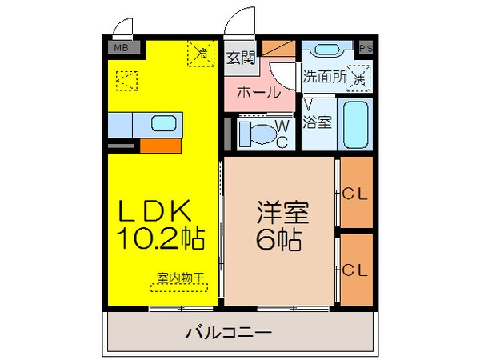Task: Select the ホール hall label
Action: tap(258, 92)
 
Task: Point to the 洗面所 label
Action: tap(324, 78)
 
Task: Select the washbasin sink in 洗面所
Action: tap(328, 50)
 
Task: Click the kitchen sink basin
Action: tap(164, 124)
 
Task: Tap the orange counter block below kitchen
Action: tap(159, 146)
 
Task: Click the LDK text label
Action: tap(155, 212)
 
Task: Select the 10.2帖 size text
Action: tap(160, 238)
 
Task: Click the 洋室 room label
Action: tap(282, 213)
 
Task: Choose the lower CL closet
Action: tap(354, 270)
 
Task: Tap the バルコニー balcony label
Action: tap(229, 331)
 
